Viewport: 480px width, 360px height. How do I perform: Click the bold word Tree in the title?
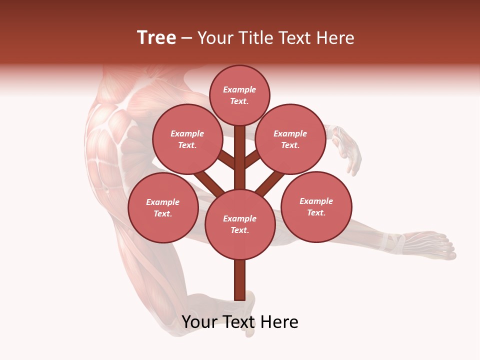click(x=156, y=38)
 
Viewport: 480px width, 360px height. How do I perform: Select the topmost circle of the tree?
click(x=239, y=95)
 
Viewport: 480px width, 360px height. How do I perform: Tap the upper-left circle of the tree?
click(x=187, y=139)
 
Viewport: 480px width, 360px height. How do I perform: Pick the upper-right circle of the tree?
click(x=290, y=139)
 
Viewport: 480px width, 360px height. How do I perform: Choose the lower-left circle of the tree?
click(x=162, y=207)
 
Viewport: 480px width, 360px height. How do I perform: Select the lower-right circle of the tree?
click(x=316, y=206)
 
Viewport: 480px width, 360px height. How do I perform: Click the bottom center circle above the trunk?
click(x=240, y=224)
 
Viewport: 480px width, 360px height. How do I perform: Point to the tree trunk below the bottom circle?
click(x=239, y=280)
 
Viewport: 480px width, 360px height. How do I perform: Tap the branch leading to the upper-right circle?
click(x=252, y=159)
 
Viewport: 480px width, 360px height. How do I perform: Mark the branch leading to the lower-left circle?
click(x=208, y=182)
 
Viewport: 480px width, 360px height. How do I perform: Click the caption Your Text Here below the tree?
click(x=240, y=322)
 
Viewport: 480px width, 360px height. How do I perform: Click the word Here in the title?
click(x=336, y=38)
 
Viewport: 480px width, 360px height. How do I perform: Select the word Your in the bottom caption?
click(x=198, y=322)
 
